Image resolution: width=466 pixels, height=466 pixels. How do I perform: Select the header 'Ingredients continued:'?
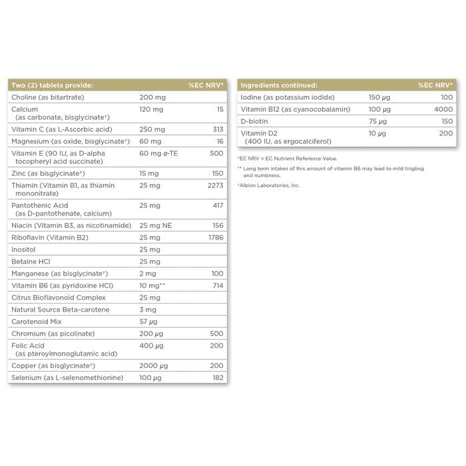[x=279, y=85]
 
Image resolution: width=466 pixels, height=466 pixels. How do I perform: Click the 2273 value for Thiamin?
[x=216, y=185]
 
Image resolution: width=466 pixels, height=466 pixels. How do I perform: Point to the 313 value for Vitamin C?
[x=217, y=129]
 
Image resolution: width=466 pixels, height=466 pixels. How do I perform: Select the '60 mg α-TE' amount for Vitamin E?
[x=159, y=153]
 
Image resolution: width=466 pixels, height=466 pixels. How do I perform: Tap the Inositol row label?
[x=25, y=250]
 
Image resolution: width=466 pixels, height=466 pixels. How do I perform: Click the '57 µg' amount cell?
[x=150, y=322]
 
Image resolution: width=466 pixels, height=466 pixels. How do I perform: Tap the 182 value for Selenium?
[x=217, y=378]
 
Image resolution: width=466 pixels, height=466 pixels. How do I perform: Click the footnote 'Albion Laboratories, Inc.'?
[x=270, y=185]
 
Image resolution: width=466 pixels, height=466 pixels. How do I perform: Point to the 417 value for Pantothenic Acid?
[x=217, y=206]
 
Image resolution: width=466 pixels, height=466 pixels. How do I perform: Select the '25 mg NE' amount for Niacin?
[x=156, y=225]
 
